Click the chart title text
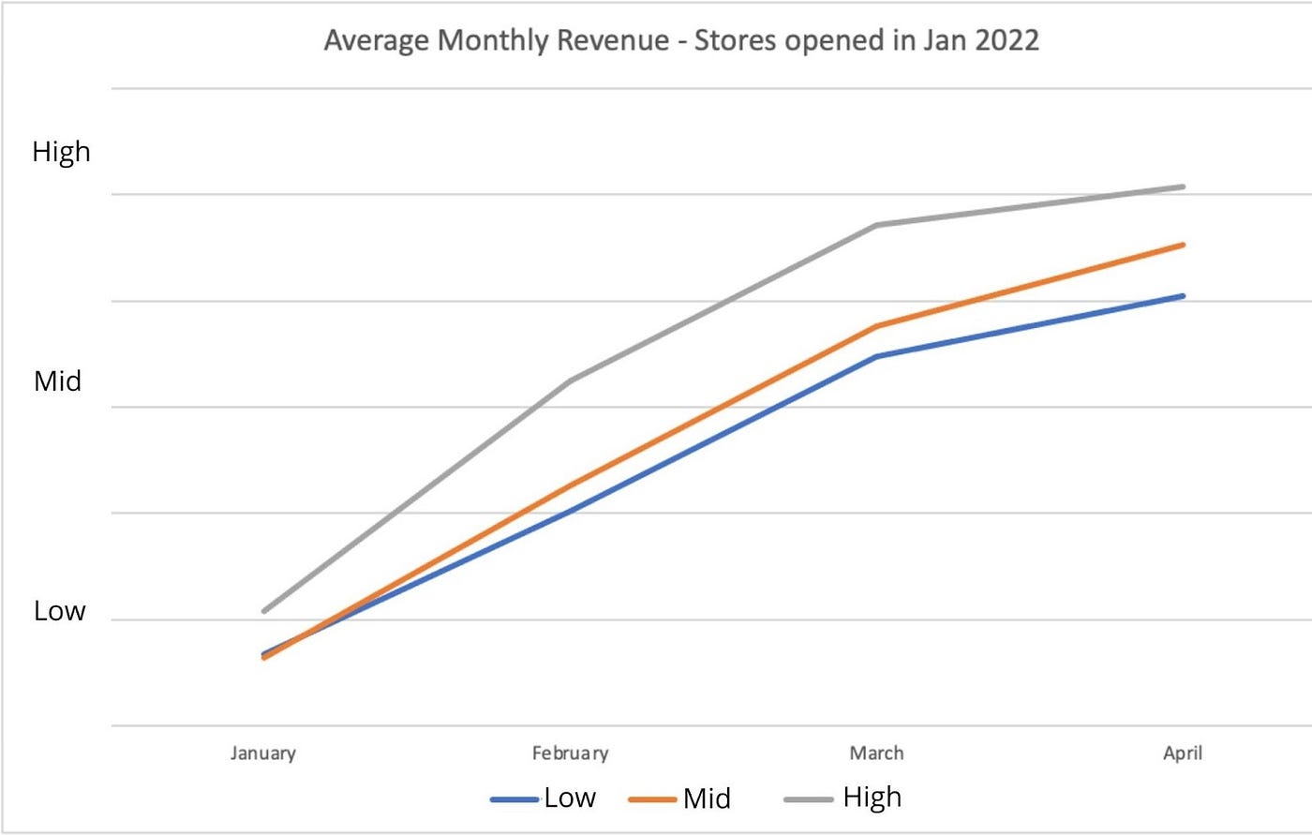681,42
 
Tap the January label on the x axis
263,753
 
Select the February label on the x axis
570,753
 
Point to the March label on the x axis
876,753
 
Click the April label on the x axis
1183,753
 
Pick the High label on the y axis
62,152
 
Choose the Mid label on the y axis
58,381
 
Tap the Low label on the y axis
60,611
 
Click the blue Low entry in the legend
544,798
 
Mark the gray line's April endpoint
1184,186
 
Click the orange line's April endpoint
1184,245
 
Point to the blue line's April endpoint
1184,296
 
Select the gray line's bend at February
571,380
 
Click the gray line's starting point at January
264,611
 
